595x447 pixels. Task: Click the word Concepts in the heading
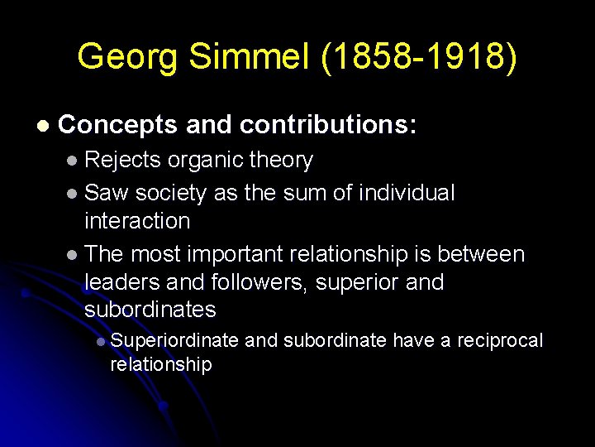tap(118, 125)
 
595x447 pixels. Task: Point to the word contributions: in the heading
tap(329, 125)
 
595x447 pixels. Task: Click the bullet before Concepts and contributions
tap(42, 127)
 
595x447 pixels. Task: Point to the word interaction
tap(137, 221)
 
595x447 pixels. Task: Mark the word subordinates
tap(150, 310)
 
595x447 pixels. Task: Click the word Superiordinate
tap(174, 340)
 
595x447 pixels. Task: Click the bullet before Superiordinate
tap(99, 342)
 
